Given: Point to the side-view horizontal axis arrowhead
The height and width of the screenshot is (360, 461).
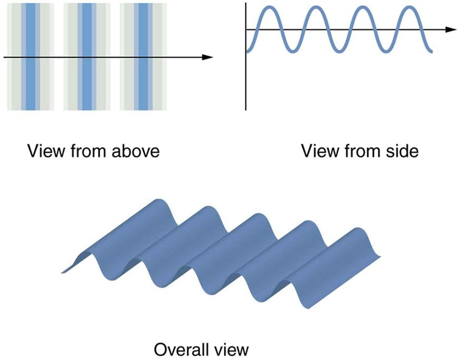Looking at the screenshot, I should click(450, 30).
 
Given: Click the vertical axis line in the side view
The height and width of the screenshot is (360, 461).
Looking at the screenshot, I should click(246, 79).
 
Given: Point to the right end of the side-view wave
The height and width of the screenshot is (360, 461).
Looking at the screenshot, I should click(431, 51).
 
